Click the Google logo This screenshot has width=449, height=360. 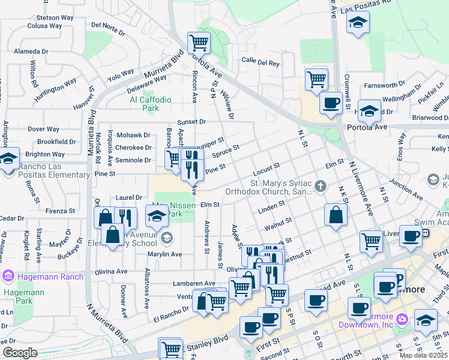click(x=19, y=353)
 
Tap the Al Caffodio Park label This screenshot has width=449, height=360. click(x=151, y=104)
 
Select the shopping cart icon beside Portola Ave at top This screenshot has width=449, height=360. click(x=199, y=43)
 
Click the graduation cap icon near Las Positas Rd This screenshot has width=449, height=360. click(x=358, y=23)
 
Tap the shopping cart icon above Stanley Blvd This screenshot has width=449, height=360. click(x=170, y=348)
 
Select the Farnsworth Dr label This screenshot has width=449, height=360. click(x=389, y=85)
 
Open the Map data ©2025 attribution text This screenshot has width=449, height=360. click(x=423, y=355)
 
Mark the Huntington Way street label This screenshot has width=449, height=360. click(x=55, y=89)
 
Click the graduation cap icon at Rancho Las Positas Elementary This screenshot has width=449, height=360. click(x=8, y=159)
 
